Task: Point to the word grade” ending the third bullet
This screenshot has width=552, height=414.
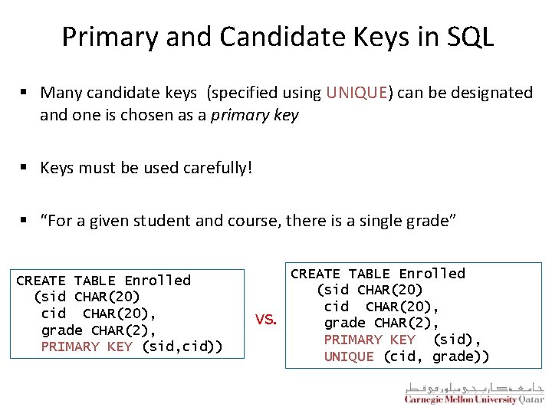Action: (432, 221)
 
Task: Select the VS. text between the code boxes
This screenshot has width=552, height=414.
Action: (265, 320)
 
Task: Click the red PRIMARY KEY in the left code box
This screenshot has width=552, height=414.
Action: (87, 347)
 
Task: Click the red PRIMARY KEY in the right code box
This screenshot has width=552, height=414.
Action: (370, 340)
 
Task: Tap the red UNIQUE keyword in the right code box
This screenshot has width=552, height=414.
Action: (349, 356)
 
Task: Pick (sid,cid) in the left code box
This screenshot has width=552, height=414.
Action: (182, 347)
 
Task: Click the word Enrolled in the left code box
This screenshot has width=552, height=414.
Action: (157, 281)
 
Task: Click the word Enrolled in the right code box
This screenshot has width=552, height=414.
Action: (432, 274)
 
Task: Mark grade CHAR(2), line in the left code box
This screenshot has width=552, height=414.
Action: (98, 330)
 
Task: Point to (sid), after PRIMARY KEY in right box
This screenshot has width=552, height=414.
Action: (457, 340)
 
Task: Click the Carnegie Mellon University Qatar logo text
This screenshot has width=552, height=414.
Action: (474, 399)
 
